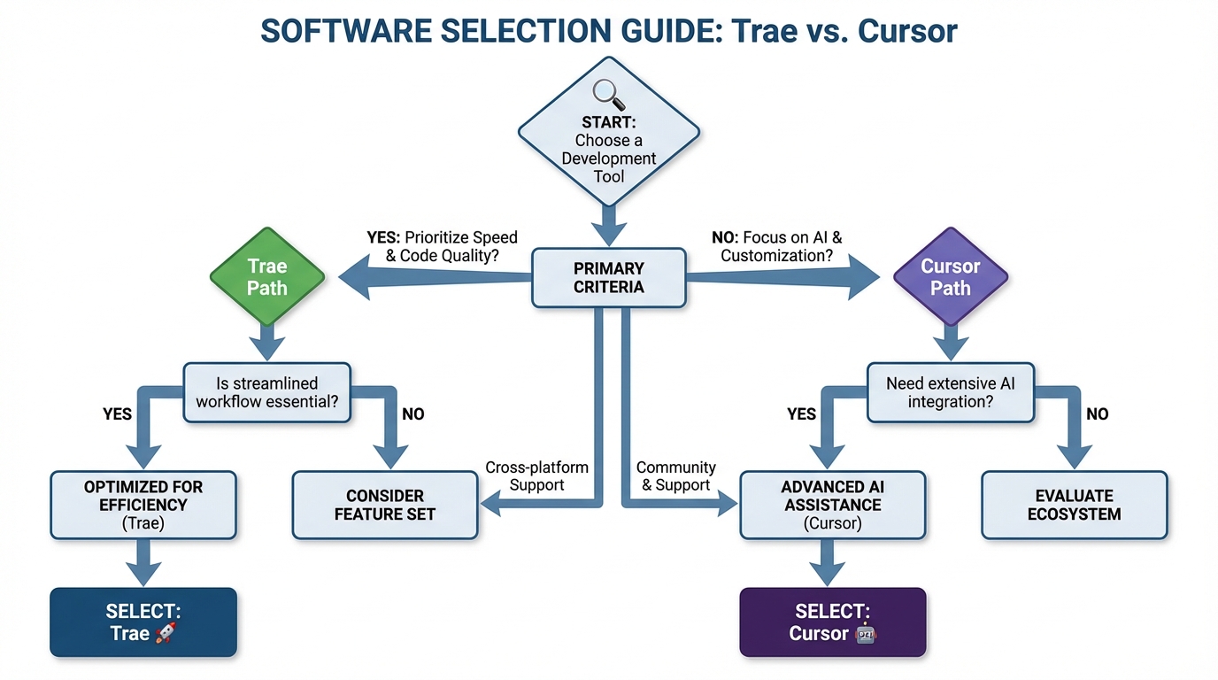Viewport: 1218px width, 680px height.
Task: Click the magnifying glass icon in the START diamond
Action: pos(607,92)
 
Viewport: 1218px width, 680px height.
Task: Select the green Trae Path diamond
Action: pos(266,277)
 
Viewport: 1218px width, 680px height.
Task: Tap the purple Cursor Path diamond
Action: pos(950,277)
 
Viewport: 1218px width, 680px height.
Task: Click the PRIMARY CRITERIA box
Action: pos(608,277)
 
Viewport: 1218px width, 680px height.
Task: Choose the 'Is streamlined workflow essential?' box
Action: pos(266,392)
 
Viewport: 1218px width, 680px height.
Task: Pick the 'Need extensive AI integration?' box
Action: pos(950,392)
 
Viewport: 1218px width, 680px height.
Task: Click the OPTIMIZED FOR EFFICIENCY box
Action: pos(143,505)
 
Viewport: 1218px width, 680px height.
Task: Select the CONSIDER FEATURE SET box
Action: pos(384,505)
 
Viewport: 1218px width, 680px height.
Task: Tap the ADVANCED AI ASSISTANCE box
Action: pos(831,505)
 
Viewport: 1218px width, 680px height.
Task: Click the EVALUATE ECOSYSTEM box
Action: pos(1074,505)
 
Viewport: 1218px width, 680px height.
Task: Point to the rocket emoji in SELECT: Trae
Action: pos(166,633)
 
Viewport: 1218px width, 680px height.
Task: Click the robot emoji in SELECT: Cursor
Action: pos(865,634)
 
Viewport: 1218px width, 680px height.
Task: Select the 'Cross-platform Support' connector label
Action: pos(536,475)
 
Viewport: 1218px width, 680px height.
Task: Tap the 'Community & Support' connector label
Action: pos(676,475)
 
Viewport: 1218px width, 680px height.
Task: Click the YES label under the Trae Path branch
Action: pos(117,413)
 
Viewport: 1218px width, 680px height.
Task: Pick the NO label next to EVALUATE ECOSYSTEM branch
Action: pos(1097,413)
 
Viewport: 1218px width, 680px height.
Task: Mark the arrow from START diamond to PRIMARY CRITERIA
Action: pos(608,224)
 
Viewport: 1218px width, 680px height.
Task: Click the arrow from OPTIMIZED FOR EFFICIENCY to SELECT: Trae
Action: pos(143,562)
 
